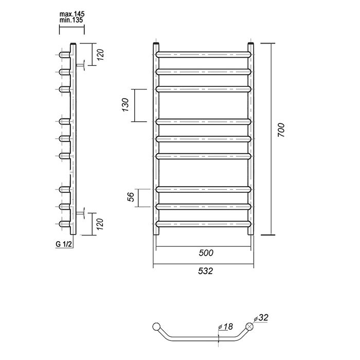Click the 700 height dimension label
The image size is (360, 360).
tap(281, 130)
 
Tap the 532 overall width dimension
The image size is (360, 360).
tap(206, 271)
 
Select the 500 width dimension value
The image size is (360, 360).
tap(206, 253)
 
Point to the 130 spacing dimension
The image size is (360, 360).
tap(125, 105)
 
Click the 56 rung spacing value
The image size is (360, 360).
tap(131, 197)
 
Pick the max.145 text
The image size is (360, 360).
tap(72, 14)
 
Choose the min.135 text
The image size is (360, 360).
tap(71, 20)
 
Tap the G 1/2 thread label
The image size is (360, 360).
tap(64, 244)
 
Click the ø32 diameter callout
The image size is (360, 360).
tap(261, 318)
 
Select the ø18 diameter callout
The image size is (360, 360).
tap(225, 327)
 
